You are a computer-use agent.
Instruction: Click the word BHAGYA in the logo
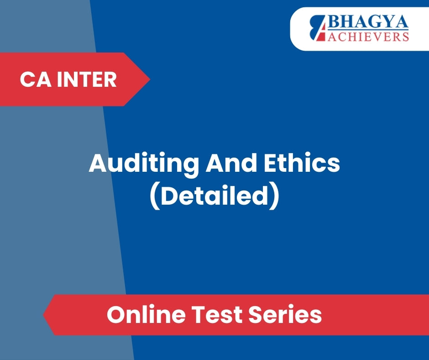[368, 22]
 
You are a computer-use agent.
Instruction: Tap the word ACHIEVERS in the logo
[368, 37]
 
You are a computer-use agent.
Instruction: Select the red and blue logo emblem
[319, 28]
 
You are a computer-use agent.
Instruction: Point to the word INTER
[87, 79]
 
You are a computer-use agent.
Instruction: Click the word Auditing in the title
[144, 164]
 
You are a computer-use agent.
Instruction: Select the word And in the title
[231, 163]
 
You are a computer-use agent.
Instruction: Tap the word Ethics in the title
[302, 163]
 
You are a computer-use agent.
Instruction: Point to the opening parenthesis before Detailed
[155, 197]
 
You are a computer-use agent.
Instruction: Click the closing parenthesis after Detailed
[274, 197]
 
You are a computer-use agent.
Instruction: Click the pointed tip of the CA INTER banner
[150, 79]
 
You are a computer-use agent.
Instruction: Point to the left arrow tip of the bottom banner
[43, 315]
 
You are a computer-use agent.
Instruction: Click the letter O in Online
[116, 314]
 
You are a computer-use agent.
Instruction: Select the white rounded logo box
[360, 29]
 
